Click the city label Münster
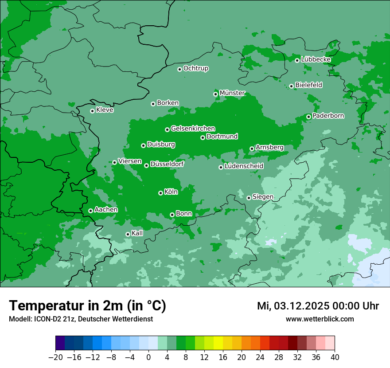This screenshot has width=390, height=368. click(232, 93)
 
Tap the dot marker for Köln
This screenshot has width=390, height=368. click(160, 193)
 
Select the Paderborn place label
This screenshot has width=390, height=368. click(328, 116)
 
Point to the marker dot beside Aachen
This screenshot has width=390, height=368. click(90, 211)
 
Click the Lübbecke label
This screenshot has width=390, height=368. click(316, 59)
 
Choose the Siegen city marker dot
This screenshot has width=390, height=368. click(249, 198)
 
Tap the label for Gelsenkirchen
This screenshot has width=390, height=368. click(193, 129)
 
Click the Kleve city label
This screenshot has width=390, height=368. click(105, 110)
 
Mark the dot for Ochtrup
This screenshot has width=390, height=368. click(179, 69)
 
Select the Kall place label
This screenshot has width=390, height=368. click(137, 233)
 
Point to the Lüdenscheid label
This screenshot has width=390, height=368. click(244, 166)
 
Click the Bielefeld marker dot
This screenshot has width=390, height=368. click(291, 86)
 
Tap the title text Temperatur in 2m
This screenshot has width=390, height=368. click(87, 306)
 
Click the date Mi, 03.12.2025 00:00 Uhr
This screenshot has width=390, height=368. click(318, 306)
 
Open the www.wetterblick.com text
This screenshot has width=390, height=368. click(320, 319)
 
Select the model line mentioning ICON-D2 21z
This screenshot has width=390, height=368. click(81, 319)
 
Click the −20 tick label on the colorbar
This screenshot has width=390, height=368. click(56, 357)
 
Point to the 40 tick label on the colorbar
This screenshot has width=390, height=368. click(335, 357)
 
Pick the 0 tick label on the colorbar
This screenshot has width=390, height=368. click(148, 357)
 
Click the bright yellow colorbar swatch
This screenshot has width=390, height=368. click(218, 343)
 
